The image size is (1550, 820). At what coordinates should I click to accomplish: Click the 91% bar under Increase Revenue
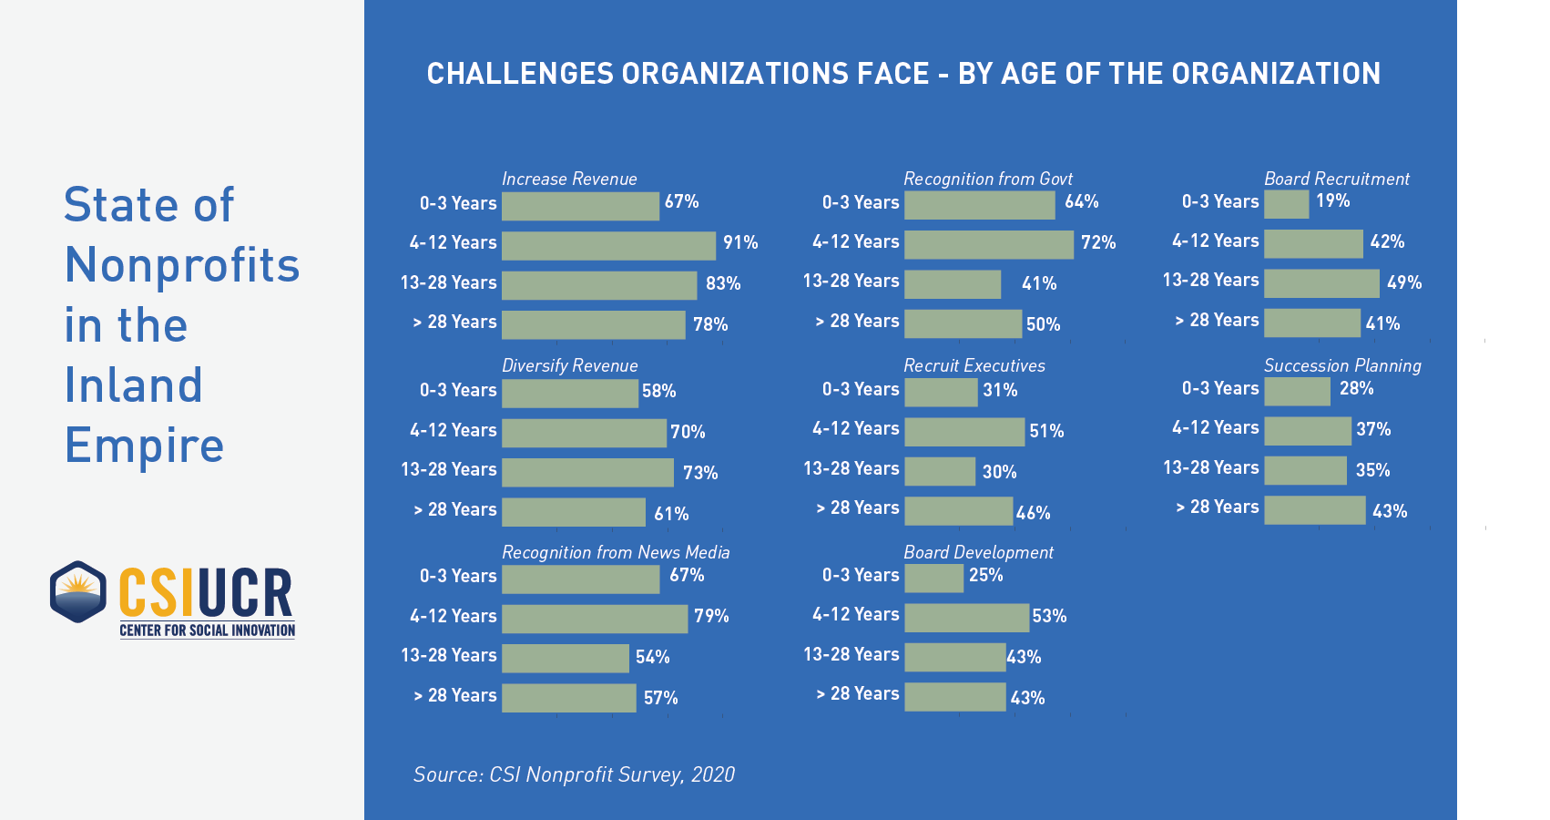[x=608, y=245]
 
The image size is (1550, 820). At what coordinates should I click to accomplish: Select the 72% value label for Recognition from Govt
[x=1098, y=242]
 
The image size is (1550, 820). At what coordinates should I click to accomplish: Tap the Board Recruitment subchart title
[x=1336, y=179]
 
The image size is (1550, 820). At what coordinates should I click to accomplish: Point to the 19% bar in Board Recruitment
[x=1286, y=204]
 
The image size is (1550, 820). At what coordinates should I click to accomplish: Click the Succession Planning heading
[x=1342, y=365]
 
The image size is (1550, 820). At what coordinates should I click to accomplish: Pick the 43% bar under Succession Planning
[x=1315, y=510]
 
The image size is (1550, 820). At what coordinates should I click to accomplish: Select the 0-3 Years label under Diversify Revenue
[x=458, y=390]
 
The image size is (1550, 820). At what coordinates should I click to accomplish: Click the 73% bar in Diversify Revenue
[x=587, y=472]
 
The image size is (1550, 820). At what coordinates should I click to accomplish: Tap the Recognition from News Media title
[x=616, y=552]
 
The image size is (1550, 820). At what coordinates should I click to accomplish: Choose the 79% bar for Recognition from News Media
[x=595, y=618]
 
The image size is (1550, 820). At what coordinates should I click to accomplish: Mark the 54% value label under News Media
[x=652, y=657]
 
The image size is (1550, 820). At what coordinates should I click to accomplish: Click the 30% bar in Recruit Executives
[x=940, y=471]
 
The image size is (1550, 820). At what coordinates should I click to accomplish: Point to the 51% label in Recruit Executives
[x=1046, y=431]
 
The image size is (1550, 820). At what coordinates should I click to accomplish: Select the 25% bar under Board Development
[x=933, y=578]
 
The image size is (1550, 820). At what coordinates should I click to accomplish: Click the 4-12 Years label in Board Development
[x=855, y=615]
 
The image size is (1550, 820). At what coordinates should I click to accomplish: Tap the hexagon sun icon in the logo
[x=78, y=591]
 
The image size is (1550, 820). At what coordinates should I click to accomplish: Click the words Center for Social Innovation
[x=208, y=630]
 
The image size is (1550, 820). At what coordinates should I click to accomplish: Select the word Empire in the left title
[x=144, y=446]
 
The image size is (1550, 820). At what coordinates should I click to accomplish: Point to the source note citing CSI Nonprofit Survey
[x=574, y=774]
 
